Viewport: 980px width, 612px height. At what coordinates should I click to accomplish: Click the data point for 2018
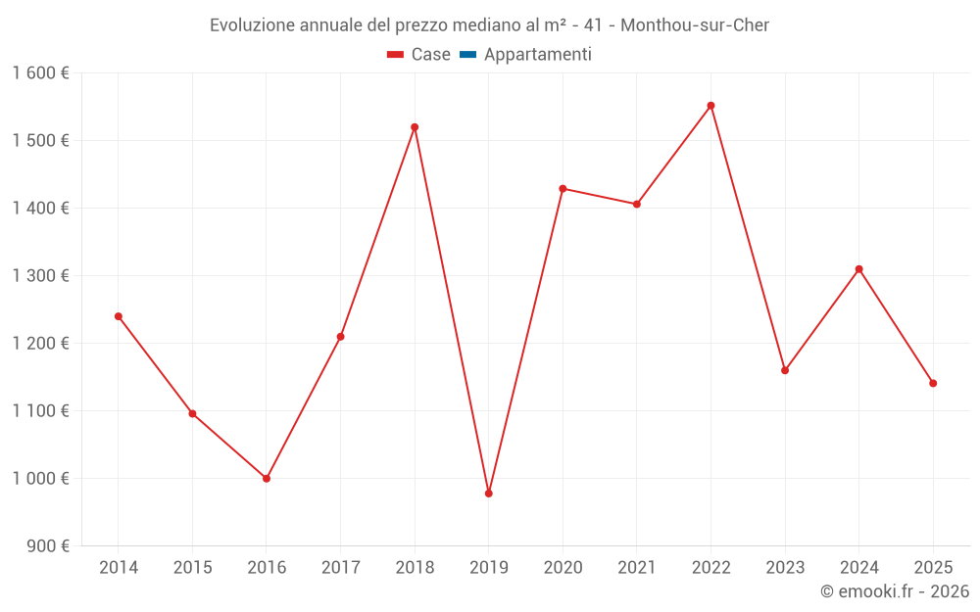(415, 127)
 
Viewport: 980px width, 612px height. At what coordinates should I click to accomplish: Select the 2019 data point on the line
(488, 494)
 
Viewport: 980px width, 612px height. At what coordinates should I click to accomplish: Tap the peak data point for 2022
(710, 106)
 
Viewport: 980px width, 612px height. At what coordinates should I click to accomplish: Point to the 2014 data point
(119, 316)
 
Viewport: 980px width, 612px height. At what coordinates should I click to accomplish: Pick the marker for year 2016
(267, 479)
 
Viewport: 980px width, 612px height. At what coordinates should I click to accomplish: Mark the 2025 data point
(933, 383)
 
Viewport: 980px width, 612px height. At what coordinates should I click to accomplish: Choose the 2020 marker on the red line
(563, 189)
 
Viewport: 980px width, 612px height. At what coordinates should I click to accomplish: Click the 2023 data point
(785, 370)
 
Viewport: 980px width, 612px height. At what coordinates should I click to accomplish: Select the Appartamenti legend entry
(537, 55)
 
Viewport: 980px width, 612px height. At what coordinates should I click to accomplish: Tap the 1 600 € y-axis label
(40, 73)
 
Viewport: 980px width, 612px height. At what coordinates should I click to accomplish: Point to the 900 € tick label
(47, 546)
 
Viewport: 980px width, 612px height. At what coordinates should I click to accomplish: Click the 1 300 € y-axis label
(40, 276)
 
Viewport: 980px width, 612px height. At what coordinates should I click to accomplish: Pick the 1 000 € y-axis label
(40, 479)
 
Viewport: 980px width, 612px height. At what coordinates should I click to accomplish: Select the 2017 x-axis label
(340, 568)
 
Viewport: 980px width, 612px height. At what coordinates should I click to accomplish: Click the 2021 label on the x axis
(637, 568)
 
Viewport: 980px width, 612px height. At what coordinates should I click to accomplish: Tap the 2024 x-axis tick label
(858, 568)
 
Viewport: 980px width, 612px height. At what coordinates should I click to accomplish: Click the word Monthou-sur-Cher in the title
(695, 25)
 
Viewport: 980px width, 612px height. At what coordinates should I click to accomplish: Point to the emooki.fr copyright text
(895, 591)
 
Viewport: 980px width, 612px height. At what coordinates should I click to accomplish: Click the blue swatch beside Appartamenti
(467, 55)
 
